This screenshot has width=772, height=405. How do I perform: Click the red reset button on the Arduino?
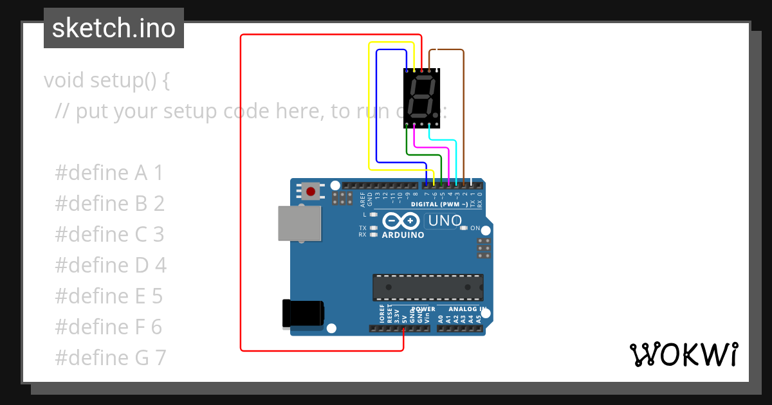point(311,191)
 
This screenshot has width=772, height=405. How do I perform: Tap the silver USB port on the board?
point(299,223)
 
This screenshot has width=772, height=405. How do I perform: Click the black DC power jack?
point(303,314)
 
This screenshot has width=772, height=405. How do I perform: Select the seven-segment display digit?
point(421,96)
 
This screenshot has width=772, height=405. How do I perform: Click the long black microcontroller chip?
point(428,287)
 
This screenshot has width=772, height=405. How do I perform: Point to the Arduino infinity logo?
point(402,222)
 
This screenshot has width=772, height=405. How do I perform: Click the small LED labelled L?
point(374,215)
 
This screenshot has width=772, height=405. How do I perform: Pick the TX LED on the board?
point(374,228)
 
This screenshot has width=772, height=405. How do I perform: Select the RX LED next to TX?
point(374,235)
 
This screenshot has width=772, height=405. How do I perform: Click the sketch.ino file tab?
point(114,28)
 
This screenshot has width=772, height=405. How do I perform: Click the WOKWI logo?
point(683,354)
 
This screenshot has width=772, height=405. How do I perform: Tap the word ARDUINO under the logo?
point(403,235)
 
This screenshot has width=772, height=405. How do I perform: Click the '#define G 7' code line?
point(111,357)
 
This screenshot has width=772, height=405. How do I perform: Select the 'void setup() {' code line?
point(106,80)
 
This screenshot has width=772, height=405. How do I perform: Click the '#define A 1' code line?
point(109,173)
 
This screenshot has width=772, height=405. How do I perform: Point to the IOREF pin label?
point(381,314)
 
